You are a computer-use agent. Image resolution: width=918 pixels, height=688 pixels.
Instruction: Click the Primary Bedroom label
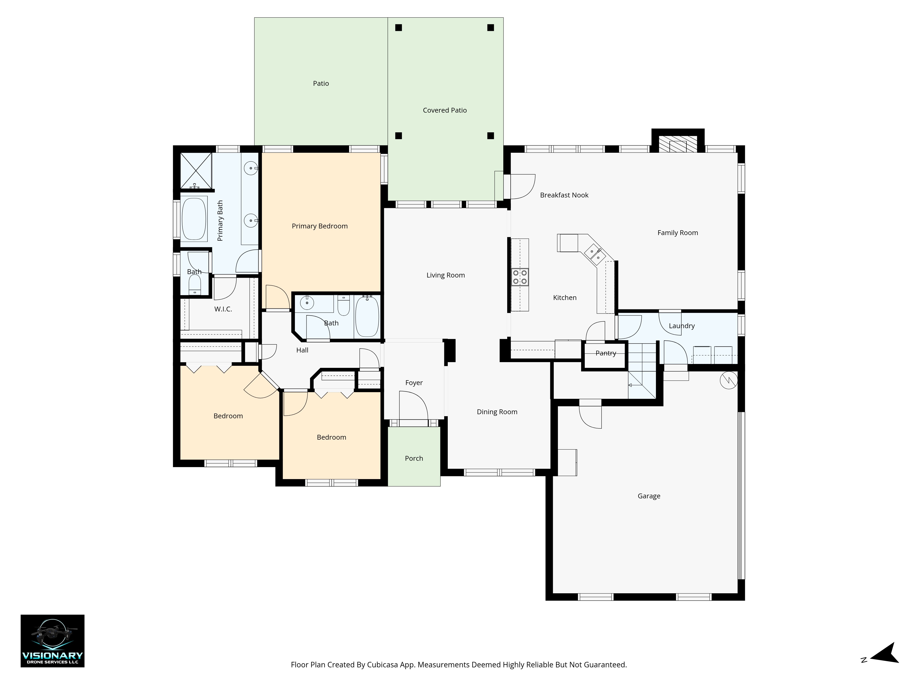click(x=319, y=226)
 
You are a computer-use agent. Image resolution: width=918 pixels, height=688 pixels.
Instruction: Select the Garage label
click(x=649, y=496)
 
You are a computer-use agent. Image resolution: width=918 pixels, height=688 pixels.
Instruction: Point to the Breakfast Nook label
click(x=564, y=195)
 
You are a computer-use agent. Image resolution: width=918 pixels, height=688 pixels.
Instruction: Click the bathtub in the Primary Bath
click(x=194, y=219)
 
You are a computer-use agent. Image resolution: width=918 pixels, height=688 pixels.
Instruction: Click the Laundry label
click(x=681, y=326)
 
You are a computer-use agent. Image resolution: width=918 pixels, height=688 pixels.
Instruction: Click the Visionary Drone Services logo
click(x=53, y=641)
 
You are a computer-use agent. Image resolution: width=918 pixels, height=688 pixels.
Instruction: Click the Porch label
click(x=414, y=458)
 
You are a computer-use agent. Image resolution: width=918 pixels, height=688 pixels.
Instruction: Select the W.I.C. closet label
click(x=223, y=309)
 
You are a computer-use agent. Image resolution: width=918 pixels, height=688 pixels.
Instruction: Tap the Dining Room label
click(x=497, y=412)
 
